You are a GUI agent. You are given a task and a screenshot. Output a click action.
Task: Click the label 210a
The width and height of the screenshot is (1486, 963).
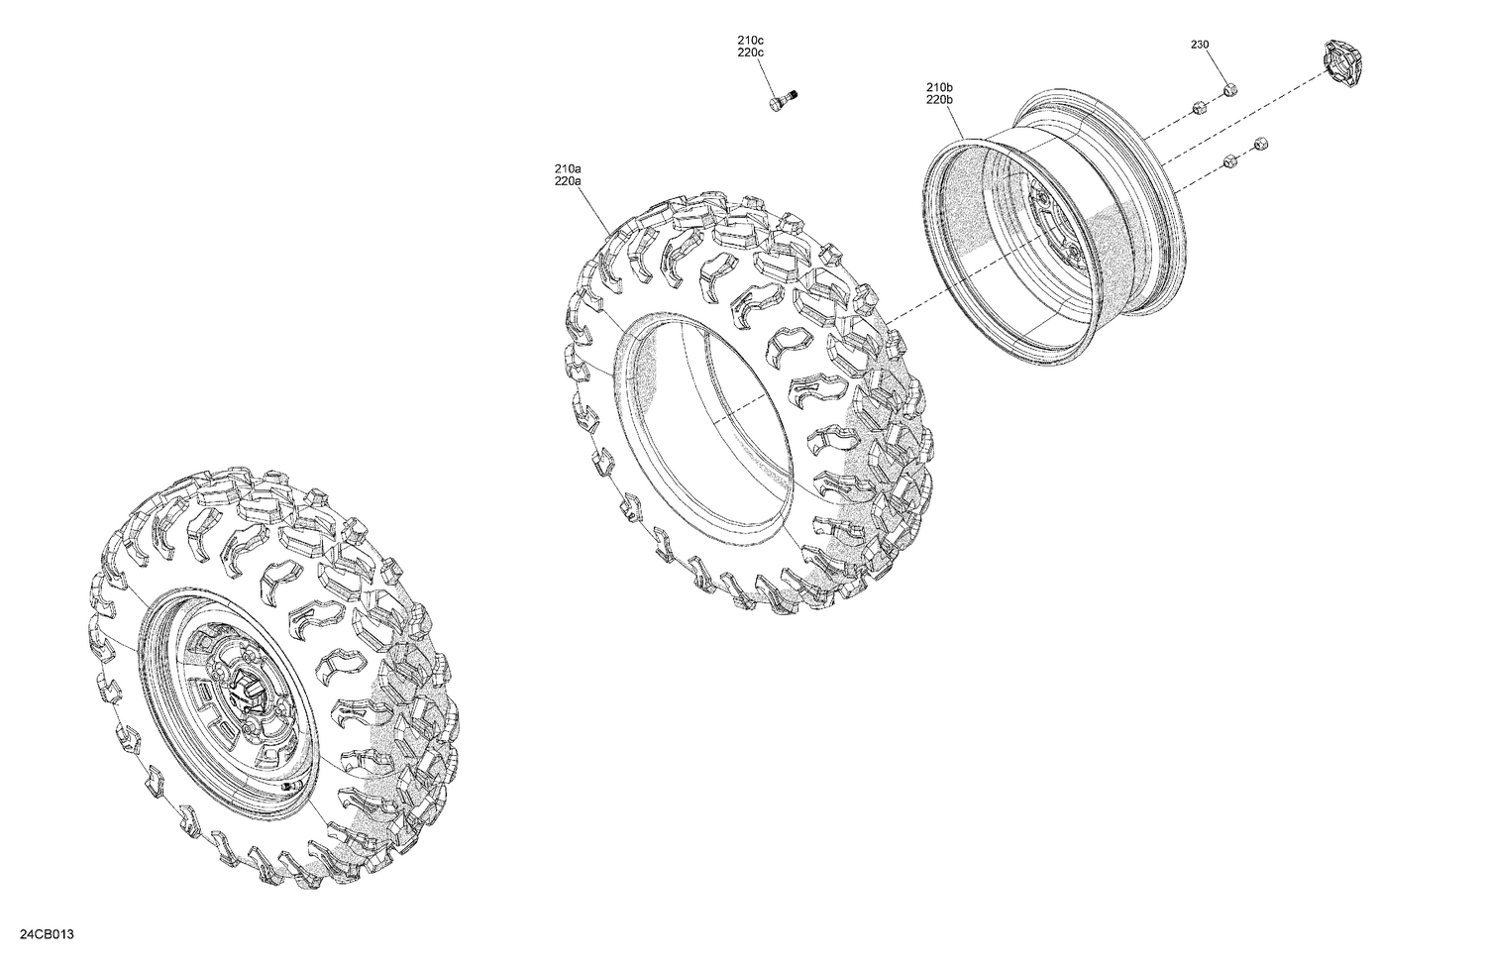tap(568, 169)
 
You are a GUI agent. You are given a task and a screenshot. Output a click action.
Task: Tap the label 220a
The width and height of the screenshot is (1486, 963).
tap(568, 181)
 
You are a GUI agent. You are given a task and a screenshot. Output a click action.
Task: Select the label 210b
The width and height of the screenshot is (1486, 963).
tap(938, 88)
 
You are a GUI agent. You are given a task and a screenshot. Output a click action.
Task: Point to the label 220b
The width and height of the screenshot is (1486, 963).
tap(938, 100)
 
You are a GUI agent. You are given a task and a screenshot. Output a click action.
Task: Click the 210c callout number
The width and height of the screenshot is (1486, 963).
tap(750, 40)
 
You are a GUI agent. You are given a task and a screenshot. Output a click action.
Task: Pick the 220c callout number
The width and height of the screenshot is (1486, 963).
tap(750, 52)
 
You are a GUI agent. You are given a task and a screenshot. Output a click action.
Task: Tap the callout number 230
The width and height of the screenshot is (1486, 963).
tap(1200, 45)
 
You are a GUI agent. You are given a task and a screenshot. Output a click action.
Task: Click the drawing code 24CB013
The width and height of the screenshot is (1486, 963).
tap(48, 935)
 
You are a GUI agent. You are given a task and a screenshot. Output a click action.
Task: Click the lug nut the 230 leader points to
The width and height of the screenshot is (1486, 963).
tap(1229, 90)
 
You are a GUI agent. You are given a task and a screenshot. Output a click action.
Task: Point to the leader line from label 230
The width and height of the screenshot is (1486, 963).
tap(1216, 67)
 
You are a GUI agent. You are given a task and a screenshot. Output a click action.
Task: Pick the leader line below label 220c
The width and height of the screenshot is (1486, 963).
tap(766, 75)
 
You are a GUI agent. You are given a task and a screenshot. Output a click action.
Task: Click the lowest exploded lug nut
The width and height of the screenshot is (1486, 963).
tap(1229, 160)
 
